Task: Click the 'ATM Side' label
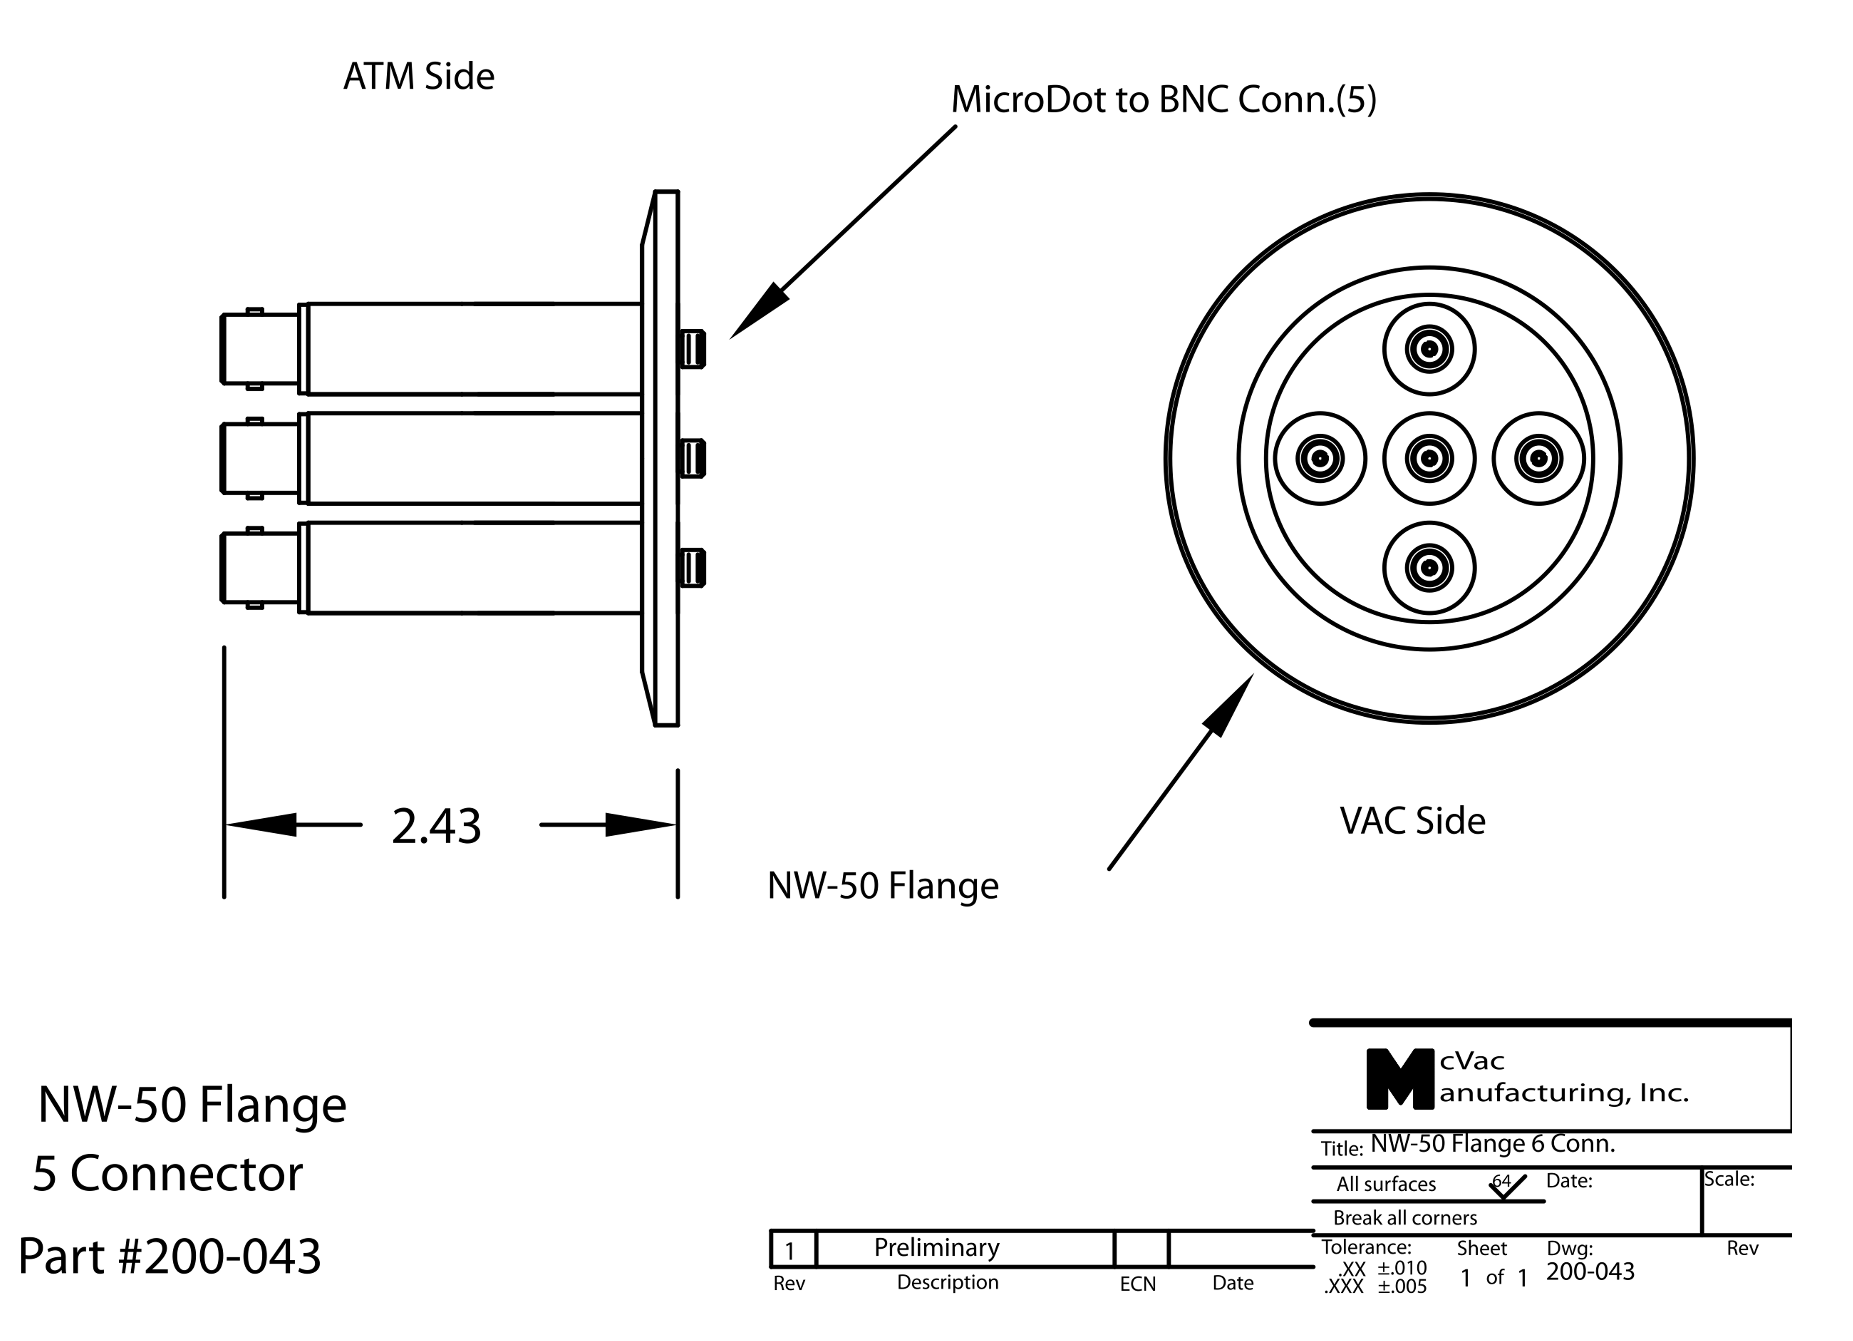[x=418, y=77]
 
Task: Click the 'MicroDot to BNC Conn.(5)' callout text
[x=1163, y=100]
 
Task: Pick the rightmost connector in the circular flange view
[x=1538, y=459]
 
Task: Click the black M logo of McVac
[x=1400, y=1079]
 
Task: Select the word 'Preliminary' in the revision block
[x=936, y=1248]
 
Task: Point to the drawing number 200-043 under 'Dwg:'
[x=1590, y=1272]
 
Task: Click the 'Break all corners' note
[x=1405, y=1218]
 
